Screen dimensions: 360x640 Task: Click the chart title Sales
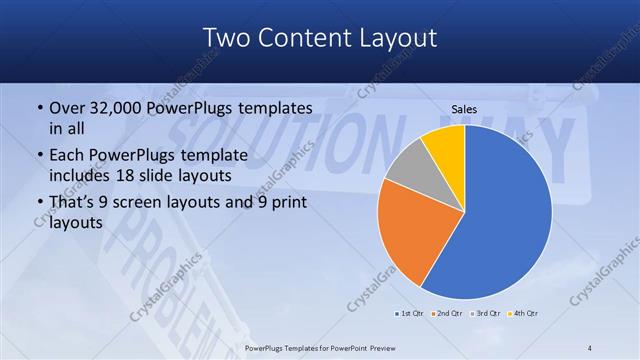pos(463,108)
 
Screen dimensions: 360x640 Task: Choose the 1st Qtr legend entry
pos(411,313)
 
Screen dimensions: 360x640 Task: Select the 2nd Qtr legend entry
pos(447,313)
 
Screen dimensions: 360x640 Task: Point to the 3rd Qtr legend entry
pos(485,313)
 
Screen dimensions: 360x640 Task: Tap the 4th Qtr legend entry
pos(524,313)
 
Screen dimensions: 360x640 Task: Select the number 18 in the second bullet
pos(142,176)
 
